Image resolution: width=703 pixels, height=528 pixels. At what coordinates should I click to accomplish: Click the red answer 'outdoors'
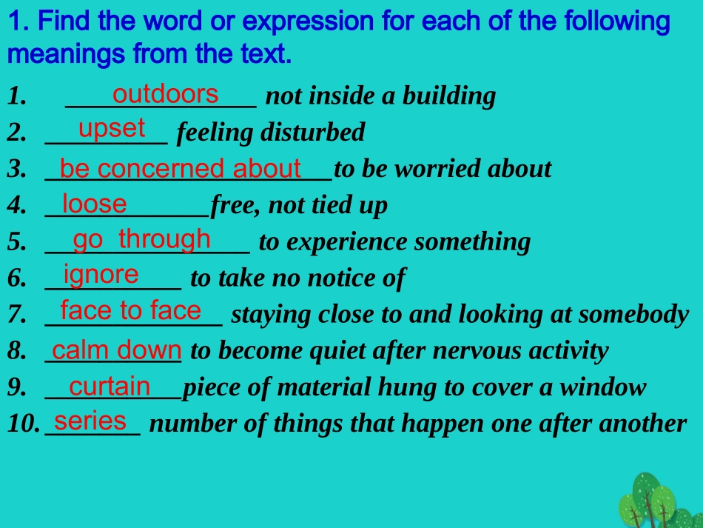pyautogui.click(x=165, y=94)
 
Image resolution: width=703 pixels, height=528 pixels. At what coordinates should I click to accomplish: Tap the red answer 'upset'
pyautogui.click(x=112, y=128)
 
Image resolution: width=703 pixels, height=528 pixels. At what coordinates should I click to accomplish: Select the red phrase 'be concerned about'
pyautogui.click(x=180, y=169)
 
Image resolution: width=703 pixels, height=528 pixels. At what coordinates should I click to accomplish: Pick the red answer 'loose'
pyautogui.click(x=94, y=203)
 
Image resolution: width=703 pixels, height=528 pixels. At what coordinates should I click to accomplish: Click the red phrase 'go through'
pyautogui.click(x=141, y=239)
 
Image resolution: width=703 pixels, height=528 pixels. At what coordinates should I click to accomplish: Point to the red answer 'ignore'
pyautogui.click(x=101, y=275)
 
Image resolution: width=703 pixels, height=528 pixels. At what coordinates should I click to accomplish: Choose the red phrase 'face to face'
pyautogui.click(x=130, y=310)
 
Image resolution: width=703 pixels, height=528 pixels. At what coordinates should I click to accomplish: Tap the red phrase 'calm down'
pyautogui.click(x=116, y=350)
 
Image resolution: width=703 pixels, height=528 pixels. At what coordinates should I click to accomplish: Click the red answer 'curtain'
pyautogui.click(x=110, y=386)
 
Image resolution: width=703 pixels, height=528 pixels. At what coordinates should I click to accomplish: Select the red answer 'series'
pyautogui.click(x=90, y=421)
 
